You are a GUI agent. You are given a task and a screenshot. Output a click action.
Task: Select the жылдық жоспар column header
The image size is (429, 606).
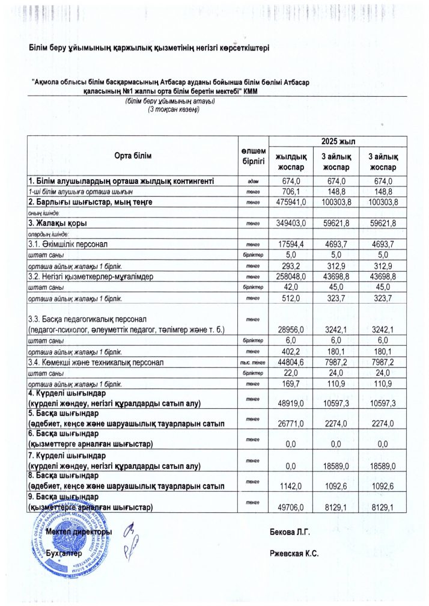coord(291,161)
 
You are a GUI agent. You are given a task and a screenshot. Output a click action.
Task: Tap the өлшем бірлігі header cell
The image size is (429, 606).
coord(253,156)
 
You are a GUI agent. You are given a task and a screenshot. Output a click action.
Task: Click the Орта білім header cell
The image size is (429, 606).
coord(133,156)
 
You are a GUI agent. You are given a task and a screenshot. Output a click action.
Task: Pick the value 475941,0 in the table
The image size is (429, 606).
coord(291,203)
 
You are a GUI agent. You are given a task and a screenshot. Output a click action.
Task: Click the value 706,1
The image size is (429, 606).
coord(291,192)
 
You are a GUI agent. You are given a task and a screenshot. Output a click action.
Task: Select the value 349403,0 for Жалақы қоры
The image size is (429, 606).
coord(291,224)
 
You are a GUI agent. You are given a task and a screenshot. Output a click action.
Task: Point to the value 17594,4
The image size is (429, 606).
coord(291,245)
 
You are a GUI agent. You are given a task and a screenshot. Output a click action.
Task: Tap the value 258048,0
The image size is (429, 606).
coord(291,277)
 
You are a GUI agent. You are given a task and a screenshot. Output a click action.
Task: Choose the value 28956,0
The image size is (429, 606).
coord(291,329)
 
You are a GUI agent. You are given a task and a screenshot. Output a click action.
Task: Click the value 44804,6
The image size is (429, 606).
coord(291,362)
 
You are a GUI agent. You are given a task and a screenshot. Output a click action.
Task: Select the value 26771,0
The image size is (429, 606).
coord(291,424)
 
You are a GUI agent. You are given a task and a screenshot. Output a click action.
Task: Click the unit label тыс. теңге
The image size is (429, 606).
coord(253,362)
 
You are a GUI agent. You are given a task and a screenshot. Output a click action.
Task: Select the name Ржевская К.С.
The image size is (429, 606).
coord(294,553)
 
